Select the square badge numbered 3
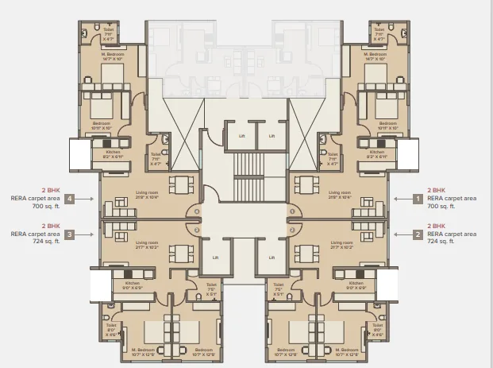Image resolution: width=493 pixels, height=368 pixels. [70, 234]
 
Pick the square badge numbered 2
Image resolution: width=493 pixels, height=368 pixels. [418, 234]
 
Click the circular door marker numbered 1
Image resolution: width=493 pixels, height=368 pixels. [292, 211]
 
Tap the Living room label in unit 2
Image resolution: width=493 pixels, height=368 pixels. [341, 244]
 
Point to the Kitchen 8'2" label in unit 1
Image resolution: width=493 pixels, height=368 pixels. [377, 154]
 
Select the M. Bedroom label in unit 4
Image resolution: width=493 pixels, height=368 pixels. [111, 57]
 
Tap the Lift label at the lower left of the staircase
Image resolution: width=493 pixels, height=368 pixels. [215, 258]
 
